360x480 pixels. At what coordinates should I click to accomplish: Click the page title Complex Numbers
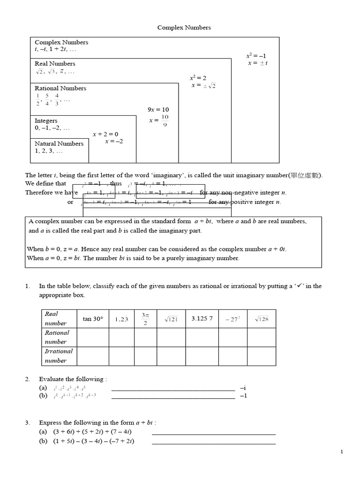pos(184,28)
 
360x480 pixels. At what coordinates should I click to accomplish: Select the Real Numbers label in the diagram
pos(55,64)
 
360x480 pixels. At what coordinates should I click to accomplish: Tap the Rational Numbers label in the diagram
pos(60,88)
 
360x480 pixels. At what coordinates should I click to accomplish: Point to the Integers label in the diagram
pos(46,121)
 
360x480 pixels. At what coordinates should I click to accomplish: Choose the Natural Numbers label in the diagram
pos(59,144)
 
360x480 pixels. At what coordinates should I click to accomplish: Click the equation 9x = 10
pos(158,110)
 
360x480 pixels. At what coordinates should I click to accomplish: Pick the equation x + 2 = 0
pos(105,134)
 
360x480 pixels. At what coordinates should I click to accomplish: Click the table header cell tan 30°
pos(92,319)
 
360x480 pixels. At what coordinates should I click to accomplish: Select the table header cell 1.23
pos(121,319)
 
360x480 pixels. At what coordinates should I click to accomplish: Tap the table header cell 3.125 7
pos(202,319)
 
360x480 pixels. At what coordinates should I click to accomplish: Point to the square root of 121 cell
pos(171,319)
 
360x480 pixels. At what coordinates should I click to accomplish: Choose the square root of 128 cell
pos(261,319)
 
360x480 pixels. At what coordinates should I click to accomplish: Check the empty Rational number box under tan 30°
pos(92,337)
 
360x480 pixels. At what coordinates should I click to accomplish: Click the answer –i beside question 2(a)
pos(243,388)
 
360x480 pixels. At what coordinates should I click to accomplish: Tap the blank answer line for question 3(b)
pos(214,443)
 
